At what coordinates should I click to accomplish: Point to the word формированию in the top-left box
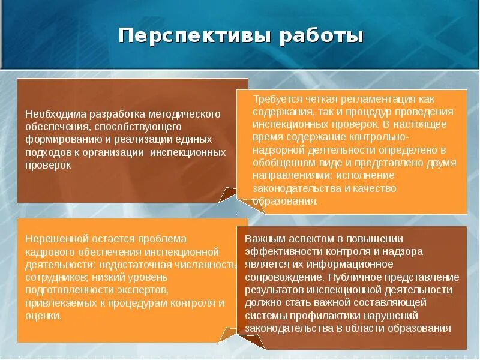[x=59, y=139]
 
